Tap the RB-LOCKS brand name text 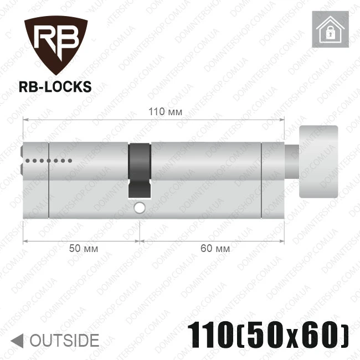(55, 87)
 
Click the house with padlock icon (331, 29)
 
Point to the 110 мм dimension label (165, 112)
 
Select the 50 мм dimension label (84, 249)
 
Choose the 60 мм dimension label (215, 249)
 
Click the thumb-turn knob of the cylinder (318, 162)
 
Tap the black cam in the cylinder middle (140, 171)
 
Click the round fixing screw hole (140, 208)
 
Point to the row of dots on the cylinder (49, 161)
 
